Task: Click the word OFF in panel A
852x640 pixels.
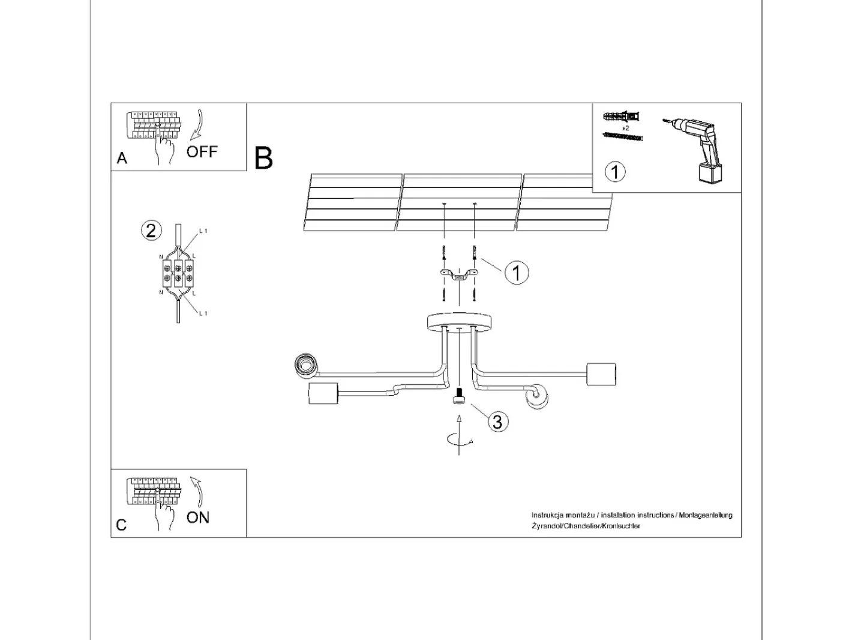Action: tap(202, 151)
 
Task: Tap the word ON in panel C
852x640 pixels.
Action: tap(197, 518)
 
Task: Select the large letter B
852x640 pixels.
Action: tap(263, 158)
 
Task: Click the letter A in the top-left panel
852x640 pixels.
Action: tap(122, 158)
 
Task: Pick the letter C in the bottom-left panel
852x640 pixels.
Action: tap(121, 525)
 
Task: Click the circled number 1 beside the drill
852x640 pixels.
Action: tap(615, 172)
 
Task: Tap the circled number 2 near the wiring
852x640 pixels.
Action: tap(151, 231)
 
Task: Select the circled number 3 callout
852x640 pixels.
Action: tap(497, 421)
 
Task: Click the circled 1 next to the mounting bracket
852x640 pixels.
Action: tap(517, 273)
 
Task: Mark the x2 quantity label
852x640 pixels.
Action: tap(625, 128)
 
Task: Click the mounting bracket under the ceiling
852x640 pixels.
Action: tap(459, 274)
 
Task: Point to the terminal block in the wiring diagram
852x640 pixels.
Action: tap(178, 273)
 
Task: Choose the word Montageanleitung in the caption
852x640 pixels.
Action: tap(706, 515)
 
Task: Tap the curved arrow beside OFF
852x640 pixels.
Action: tap(197, 124)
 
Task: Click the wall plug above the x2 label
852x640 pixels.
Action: tap(621, 116)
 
